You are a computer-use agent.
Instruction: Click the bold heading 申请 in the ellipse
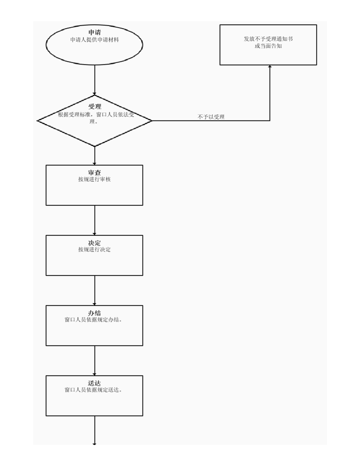coord(94,33)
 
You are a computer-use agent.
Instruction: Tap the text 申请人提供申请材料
coord(94,40)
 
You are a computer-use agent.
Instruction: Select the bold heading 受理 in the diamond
coord(94,107)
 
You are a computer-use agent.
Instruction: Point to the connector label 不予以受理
coord(211,117)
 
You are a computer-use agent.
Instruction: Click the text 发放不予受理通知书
coord(268,39)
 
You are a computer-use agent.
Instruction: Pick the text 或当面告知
coord(268,46)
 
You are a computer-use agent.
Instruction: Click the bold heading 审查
coord(94,173)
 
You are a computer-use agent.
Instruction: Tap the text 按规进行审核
coord(94,179)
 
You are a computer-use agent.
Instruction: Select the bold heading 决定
coord(94,243)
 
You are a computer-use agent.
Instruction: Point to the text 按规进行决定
coord(94,249)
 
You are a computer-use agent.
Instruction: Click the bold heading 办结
coord(94,313)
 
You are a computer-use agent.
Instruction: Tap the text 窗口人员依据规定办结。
coord(93,320)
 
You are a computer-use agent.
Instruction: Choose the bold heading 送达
coord(94,383)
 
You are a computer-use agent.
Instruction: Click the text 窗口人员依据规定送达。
coord(93,390)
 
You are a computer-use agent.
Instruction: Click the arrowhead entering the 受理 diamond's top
coord(94,94)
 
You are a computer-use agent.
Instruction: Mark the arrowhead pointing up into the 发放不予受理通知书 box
coord(270,67)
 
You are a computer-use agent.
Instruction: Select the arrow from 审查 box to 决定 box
coord(94,220)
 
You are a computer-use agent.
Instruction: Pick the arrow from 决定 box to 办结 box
coord(94,290)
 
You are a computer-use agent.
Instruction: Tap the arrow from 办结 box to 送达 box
coord(94,361)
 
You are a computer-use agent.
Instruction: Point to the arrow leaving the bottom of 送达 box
coord(94,430)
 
